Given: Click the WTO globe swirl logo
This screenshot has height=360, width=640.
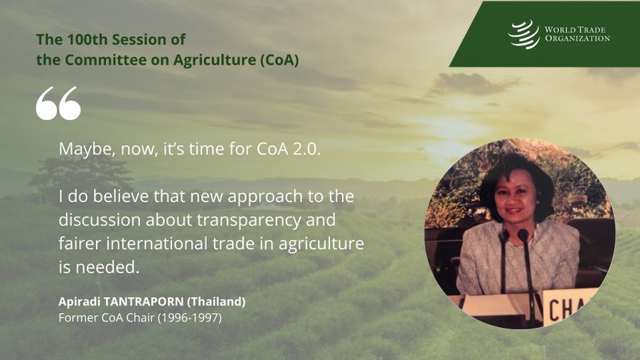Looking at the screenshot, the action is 523,34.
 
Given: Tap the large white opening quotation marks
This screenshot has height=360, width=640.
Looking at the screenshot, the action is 58,103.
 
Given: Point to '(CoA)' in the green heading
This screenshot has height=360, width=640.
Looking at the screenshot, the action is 279,60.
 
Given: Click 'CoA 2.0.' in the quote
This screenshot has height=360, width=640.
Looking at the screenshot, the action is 289,149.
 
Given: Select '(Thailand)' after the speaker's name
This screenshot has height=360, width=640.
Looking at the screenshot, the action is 216,302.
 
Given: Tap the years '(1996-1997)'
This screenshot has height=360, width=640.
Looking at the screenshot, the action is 189,317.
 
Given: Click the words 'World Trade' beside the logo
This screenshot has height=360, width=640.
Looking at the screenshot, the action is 575,30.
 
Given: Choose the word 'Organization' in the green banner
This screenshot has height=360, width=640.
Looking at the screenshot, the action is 577,38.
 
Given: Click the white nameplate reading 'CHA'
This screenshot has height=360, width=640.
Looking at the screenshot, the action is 569,307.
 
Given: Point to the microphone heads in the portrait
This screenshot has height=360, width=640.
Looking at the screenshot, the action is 514,235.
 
